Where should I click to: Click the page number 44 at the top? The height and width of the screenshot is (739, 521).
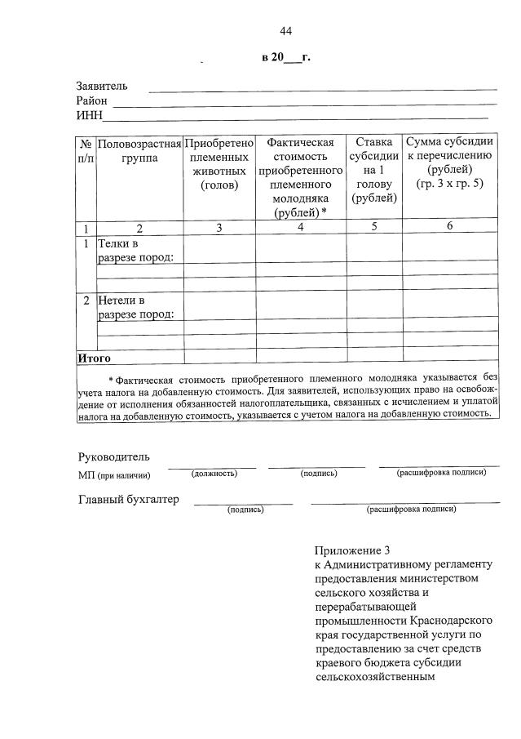285,31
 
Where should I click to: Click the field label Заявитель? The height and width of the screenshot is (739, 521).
102,87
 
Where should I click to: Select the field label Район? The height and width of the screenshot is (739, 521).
92,100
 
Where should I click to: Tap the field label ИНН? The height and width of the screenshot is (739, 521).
89,114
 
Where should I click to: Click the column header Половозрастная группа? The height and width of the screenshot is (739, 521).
139,149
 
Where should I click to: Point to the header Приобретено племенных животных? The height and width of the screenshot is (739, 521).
219,163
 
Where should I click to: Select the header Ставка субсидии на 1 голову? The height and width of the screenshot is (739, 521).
373,170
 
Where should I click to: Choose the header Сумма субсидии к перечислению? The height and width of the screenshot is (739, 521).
449,163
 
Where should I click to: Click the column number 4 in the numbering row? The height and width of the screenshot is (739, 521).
300,228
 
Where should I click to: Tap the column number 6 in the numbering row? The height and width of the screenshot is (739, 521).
449,227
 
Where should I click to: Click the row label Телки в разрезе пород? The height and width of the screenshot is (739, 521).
135,251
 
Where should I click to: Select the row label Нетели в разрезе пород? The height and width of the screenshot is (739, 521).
135,307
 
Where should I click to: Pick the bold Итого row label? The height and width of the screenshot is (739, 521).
95,358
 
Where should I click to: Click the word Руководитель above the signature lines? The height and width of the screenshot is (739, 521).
113,456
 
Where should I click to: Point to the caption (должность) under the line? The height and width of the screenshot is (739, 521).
214,473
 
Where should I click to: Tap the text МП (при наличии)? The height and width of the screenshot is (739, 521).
114,475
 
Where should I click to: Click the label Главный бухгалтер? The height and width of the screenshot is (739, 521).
128,500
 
